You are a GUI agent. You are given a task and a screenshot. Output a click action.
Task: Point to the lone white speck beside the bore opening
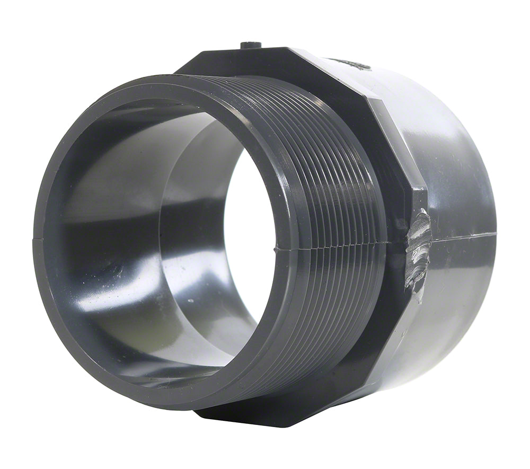190,301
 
